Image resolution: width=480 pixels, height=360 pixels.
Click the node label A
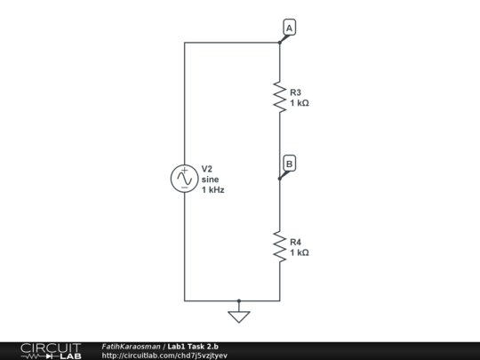[290, 28]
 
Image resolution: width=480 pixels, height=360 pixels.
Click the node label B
[290, 164]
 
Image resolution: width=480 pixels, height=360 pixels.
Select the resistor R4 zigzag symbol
[280, 246]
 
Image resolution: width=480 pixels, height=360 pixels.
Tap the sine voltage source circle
[184, 179]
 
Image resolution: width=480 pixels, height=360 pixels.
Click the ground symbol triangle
[238, 316]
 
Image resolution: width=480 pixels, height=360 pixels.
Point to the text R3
[296, 92]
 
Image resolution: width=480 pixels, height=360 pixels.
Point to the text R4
[296, 242]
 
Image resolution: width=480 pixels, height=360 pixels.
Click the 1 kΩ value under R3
[300, 103]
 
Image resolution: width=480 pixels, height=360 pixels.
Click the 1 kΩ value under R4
[300, 253]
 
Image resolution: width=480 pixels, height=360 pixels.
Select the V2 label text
[207, 168]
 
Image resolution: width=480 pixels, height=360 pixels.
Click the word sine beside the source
[210, 179]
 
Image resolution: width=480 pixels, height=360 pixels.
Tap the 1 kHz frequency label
[212, 190]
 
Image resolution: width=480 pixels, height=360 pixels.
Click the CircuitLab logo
[50, 350]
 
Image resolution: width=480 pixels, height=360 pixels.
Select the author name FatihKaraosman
[132, 346]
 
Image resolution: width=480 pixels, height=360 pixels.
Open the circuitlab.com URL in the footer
[164, 356]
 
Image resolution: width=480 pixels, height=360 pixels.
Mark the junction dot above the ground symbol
[238, 301]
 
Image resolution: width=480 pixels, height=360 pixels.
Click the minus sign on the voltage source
[184, 188]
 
